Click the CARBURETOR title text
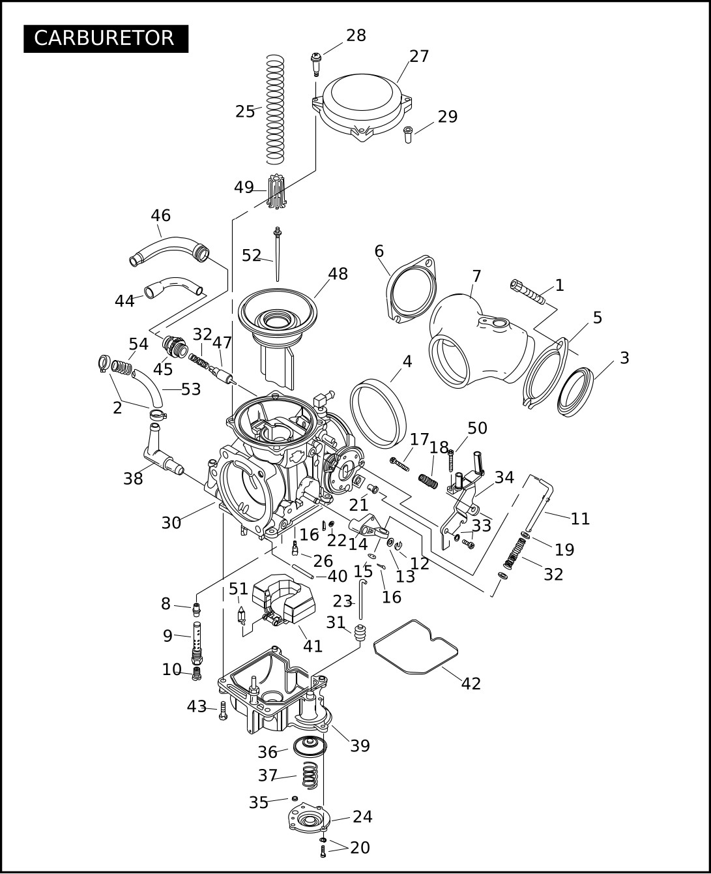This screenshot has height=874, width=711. click(104, 38)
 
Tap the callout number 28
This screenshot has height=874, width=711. click(356, 36)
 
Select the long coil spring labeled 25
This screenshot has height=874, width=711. click(275, 109)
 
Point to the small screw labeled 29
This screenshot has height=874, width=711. click(407, 134)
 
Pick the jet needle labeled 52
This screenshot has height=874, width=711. click(278, 254)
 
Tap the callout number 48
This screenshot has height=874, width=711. click(338, 274)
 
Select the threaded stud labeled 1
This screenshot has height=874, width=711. click(528, 292)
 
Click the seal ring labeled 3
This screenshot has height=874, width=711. click(575, 393)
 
